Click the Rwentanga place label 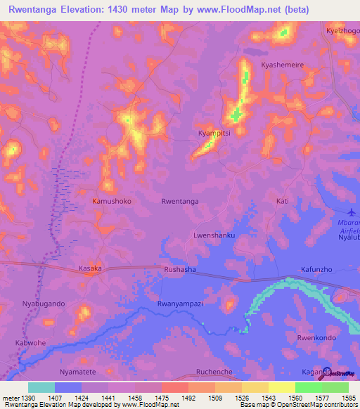pyautogui.click(x=180, y=201)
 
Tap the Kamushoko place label pyautogui.click(x=112, y=201)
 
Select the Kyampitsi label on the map pyautogui.click(x=214, y=132)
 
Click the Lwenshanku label pyautogui.click(x=214, y=235)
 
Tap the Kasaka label pyautogui.click(x=90, y=268)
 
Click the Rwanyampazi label pyautogui.click(x=180, y=304)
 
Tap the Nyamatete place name pyautogui.click(x=78, y=371)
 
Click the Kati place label pyautogui.click(x=283, y=201)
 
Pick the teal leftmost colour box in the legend pyautogui.click(x=41, y=387)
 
